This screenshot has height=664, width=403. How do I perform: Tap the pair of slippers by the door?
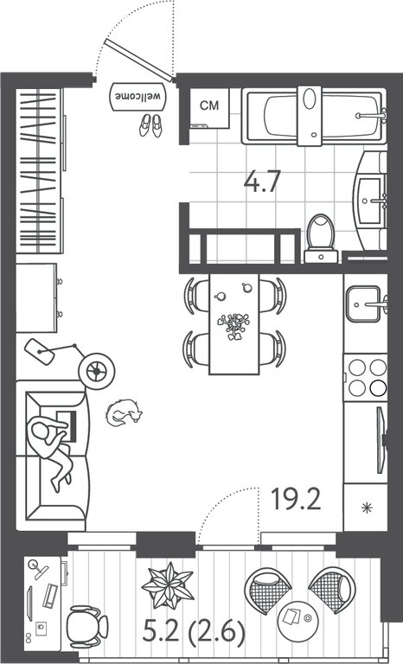tap(150, 124)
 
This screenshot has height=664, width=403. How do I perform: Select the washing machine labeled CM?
tap(209, 107)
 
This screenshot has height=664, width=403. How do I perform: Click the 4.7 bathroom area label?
tap(262, 183)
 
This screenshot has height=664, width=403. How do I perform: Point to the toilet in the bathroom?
tap(321, 239)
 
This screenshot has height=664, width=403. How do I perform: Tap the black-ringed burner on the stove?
tap(378, 387)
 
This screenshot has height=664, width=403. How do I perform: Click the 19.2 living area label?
tap(296, 499)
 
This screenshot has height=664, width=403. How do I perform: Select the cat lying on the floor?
tap(124, 412)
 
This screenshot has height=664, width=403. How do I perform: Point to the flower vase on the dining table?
tap(233, 326)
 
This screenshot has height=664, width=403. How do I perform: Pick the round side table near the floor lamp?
tap(97, 372)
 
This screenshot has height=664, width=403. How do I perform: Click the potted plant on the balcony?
tap(168, 585)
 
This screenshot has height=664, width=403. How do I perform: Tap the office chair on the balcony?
tap(87, 627)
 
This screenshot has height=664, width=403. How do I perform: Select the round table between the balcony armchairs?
tap(297, 618)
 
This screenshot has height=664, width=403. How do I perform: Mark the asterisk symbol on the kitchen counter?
tap(367, 508)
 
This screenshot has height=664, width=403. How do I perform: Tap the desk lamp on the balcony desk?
tap(37, 568)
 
